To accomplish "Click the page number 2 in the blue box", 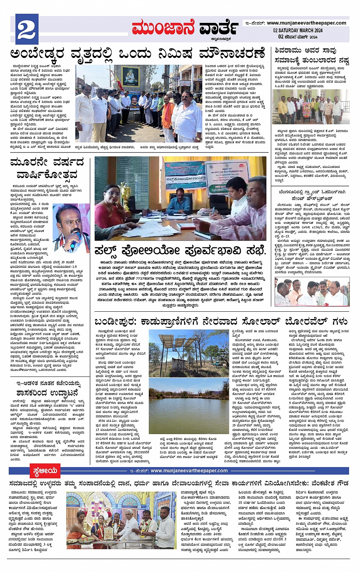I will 27,29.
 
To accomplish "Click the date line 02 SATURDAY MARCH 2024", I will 298,30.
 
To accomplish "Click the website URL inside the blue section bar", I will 189,471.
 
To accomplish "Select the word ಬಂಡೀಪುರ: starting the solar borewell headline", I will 115,322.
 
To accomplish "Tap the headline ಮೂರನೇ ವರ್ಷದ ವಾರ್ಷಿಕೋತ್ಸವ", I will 47,168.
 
